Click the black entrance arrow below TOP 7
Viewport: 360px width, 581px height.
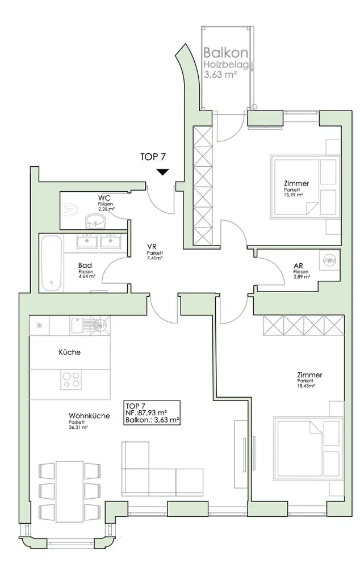pyautogui.click(x=163, y=172)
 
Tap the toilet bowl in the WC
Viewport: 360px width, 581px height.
pyautogui.click(x=71, y=210)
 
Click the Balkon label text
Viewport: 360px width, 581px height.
pyautogui.click(x=225, y=53)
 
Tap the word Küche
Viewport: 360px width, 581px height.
pyautogui.click(x=69, y=352)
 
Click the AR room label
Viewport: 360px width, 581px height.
pyautogui.click(x=298, y=266)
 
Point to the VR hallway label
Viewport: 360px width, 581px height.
pyautogui.click(x=151, y=246)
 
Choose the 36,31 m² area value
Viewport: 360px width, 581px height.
pyautogui.click(x=78, y=427)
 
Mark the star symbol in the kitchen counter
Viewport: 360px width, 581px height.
pyautogui.click(x=40, y=325)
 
